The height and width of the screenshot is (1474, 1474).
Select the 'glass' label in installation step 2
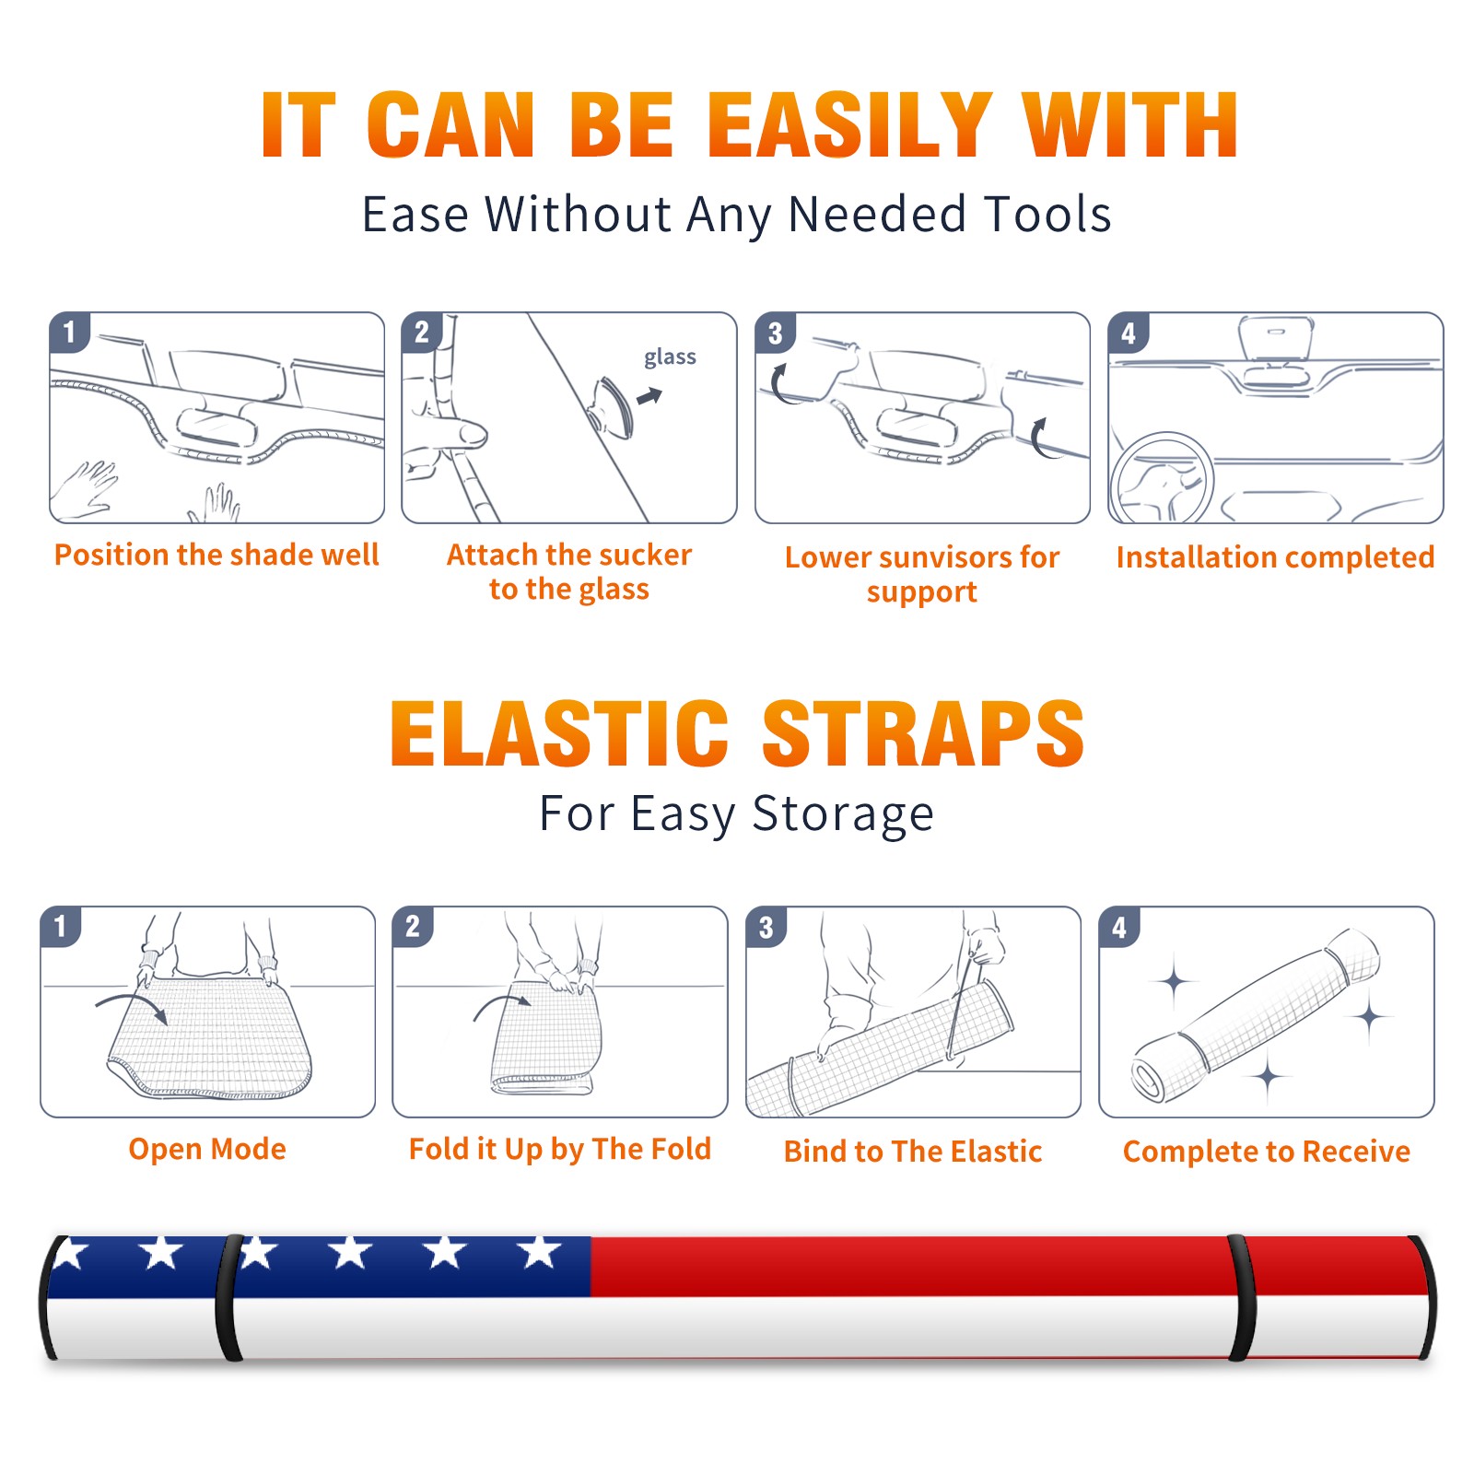click(x=670, y=357)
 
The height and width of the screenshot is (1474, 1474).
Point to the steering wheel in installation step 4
click(x=1162, y=478)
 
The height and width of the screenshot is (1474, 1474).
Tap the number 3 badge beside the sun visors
click(x=775, y=333)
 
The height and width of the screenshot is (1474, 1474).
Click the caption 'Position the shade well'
click(x=216, y=555)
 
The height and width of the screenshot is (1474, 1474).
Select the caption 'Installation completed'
click(x=1275, y=557)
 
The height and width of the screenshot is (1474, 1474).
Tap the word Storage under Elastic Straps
click(x=843, y=814)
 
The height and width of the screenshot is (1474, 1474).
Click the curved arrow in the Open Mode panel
click(x=131, y=1006)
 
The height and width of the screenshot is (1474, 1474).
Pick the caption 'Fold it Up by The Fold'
click(x=560, y=1149)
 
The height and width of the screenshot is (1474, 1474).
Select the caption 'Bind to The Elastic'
click(x=913, y=1152)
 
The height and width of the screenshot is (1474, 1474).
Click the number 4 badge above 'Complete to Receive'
click(x=1119, y=927)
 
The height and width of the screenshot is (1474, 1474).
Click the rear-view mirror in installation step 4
click(x=1276, y=338)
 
